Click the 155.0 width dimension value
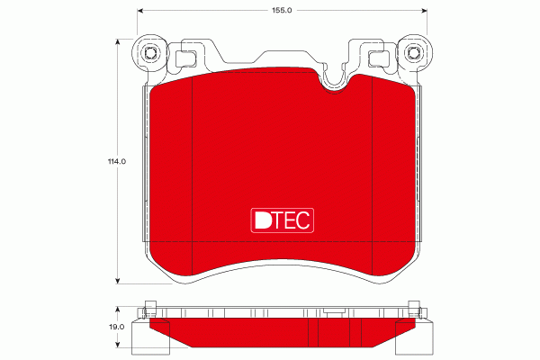coord(282,10)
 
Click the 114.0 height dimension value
coord(117,161)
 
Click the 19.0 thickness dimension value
coord(117,327)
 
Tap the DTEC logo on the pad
coord(282,220)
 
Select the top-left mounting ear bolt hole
coord(150,53)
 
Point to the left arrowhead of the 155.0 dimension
coord(140,11)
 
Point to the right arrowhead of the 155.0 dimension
coord(424,11)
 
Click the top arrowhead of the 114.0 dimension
coord(118,41)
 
